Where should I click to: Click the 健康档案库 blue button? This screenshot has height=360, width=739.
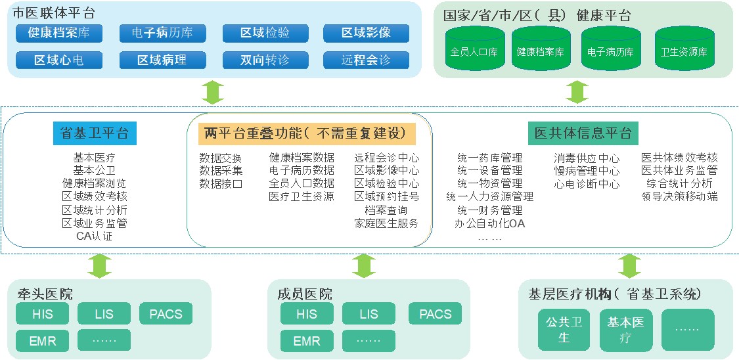59,33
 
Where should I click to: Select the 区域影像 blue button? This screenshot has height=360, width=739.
366,33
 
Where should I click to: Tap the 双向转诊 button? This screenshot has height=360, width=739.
265,60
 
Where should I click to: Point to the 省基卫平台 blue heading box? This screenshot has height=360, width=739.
95,133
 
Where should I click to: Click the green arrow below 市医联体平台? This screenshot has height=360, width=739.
213,91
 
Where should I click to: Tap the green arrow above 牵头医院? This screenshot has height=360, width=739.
100,265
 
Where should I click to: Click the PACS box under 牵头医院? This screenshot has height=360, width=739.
166,313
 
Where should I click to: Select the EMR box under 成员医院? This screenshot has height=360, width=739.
307,341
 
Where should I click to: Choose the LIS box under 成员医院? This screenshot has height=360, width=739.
369,313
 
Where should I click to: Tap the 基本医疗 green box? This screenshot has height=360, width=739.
625,330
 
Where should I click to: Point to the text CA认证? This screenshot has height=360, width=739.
95,236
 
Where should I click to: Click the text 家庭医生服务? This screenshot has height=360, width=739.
386,223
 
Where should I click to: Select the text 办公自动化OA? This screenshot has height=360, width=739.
489,223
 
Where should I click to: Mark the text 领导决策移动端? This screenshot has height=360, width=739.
679,196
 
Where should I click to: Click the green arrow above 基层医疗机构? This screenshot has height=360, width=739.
629,265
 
